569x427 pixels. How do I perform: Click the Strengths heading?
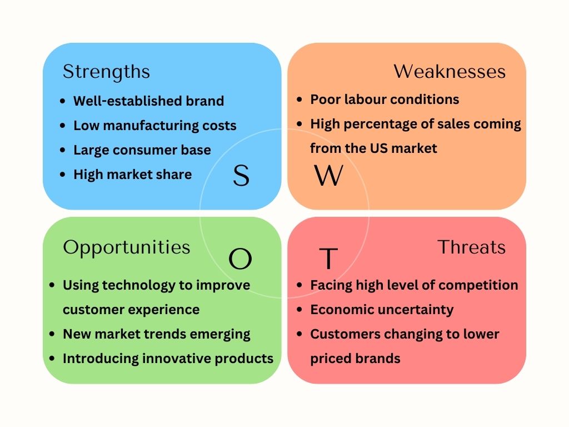click(x=106, y=72)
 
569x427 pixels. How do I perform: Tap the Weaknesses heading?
click(x=450, y=72)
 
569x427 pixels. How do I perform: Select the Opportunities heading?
click(x=126, y=247)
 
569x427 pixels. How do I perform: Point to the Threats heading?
click(x=471, y=247)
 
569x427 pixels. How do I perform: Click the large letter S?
click(x=241, y=176)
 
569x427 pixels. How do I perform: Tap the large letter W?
click(x=329, y=176)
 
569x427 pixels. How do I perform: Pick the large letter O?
click(x=240, y=259)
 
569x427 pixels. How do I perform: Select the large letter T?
click(x=328, y=259)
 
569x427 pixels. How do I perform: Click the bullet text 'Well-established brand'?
click(x=148, y=101)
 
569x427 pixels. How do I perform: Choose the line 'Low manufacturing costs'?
click(x=155, y=126)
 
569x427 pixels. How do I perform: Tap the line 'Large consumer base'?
click(x=142, y=150)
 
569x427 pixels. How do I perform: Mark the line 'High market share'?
click(x=132, y=175)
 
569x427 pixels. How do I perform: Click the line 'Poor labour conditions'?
click(x=385, y=100)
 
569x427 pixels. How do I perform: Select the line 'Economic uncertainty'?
click(x=382, y=310)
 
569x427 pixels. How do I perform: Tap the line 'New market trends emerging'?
click(x=156, y=334)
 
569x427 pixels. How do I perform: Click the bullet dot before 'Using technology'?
click(x=52, y=285)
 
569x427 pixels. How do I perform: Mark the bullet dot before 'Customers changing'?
click(x=299, y=334)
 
